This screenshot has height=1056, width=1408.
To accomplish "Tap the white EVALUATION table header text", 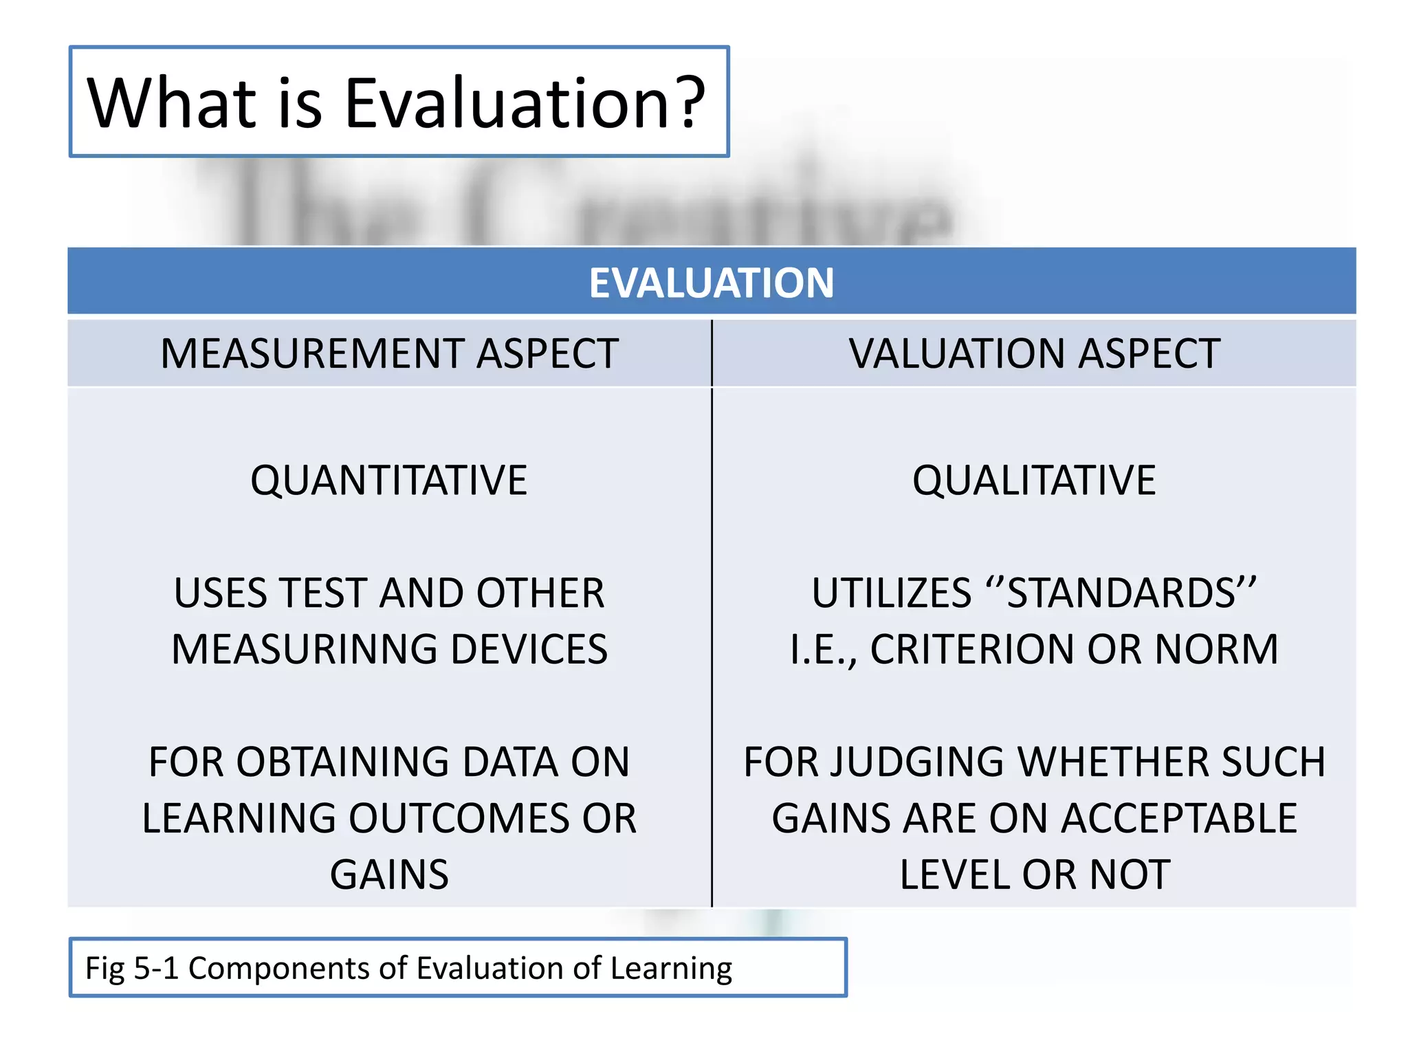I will pyautogui.click(x=712, y=283).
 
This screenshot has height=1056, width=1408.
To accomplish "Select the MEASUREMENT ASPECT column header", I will pyautogui.click(x=389, y=353).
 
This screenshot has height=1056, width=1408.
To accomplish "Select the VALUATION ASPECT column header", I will pyautogui.click(x=1034, y=353).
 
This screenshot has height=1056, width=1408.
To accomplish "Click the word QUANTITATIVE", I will pyautogui.click(x=389, y=480).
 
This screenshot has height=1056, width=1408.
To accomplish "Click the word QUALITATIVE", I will pyautogui.click(x=1034, y=480).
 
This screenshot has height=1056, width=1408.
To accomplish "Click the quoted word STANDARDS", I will pyautogui.click(x=1121, y=593).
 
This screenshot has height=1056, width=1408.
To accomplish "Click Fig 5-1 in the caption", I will pyautogui.click(x=131, y=968).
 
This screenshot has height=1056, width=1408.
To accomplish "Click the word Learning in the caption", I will pyautogui.click(x=671, y=968).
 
